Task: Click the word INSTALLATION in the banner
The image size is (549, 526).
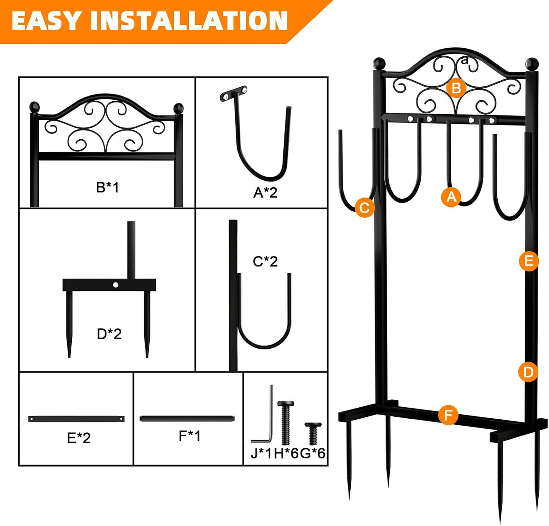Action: [189, 21]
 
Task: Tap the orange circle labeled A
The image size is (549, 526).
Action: [451, 197]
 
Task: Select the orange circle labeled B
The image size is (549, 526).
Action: [456, 88]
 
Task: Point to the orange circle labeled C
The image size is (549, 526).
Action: [365, 208]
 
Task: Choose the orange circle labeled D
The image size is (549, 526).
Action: [528, 372]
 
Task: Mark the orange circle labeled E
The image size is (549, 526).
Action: [529, 261]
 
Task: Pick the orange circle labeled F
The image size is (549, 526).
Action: [448, 415]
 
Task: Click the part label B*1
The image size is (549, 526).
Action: [108, 187]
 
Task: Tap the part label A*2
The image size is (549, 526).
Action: [265, 193]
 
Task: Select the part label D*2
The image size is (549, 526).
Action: [109, 334]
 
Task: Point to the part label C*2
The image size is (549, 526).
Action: [265, 261]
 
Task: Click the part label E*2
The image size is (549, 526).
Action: [79, 438]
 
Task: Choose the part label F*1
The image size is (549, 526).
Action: [190, 436]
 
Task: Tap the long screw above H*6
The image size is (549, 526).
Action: [285, 422]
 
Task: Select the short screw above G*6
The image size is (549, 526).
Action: [313, 433]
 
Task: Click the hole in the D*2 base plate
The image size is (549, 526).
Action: [115, 285]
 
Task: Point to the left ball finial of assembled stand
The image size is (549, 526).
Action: [379, 64]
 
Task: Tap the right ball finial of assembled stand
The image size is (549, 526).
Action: [532, 64]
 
